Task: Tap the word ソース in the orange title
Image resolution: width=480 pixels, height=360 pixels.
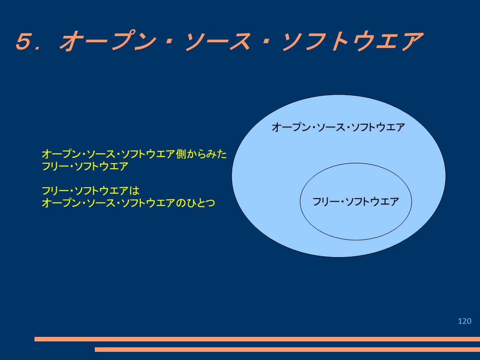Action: (218, 41)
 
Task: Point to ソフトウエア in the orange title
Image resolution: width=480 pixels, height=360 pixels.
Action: (353, 41)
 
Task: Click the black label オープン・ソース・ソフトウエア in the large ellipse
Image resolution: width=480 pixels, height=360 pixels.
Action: (338, 127)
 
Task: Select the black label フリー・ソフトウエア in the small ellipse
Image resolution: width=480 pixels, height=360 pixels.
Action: (355, 202)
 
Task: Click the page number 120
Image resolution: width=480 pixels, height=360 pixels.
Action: (465, 321)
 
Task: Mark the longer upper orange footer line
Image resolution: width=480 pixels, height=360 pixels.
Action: (257, 339)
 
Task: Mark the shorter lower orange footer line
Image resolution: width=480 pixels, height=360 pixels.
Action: (288, 349)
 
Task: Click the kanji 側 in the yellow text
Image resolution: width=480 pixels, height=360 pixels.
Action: (181, 154)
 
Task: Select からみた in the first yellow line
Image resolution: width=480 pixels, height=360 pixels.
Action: (206, 154)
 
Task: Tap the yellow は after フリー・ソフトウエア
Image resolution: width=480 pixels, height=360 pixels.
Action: (134, 191)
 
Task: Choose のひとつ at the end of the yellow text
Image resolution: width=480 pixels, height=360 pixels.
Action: (196, 203)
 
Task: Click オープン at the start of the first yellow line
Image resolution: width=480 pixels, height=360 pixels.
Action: (61, 154)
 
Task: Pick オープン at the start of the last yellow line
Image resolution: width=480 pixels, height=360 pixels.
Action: (61, 203)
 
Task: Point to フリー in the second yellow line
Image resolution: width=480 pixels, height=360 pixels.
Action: (55, 166)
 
